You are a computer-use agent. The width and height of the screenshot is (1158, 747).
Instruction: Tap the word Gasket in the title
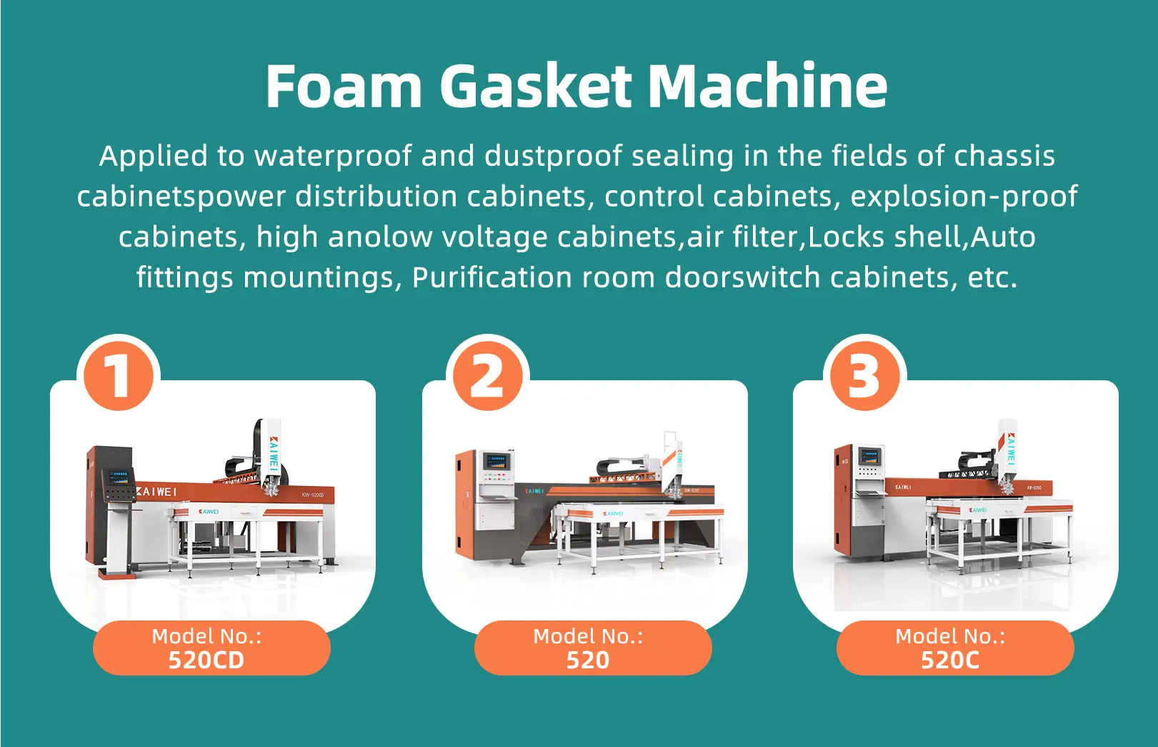click(535, 86)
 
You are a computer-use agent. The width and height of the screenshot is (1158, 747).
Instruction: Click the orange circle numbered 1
click(119, 376)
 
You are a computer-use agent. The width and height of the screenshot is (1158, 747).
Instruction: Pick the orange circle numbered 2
click(487, 376)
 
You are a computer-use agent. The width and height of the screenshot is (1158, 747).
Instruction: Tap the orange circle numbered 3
click(864, 376)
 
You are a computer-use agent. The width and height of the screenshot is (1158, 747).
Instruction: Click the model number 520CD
click(206, 660)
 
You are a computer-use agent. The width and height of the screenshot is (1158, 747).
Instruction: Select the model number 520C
click(950, 660)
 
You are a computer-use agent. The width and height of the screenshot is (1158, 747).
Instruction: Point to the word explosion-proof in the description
click(964, 197)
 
